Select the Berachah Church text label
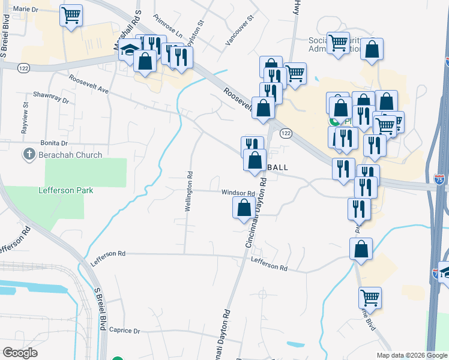pyautogui.click(x=70, y=155)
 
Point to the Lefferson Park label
pyautogui.click(x=65, y=190)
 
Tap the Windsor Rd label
pyautogui.click(x=238, y=193)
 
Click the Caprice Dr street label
pyautogui.click(x=124, y=331)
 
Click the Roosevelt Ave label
pyautogui.click(x=88, y=84)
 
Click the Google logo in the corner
pyautogui.click(x=20, y=353)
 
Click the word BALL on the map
pyautogui.click(x=277, y=167)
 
